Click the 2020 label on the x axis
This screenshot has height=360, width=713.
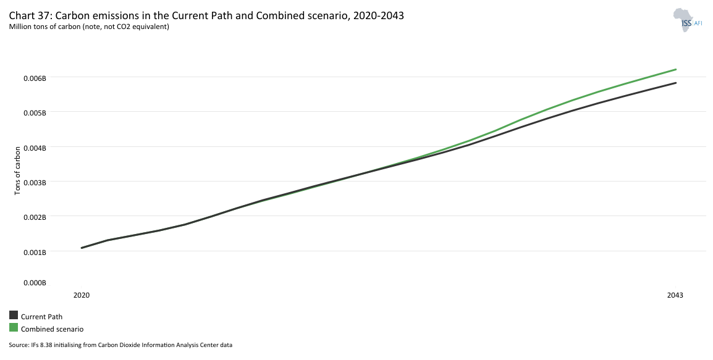click(82, 295)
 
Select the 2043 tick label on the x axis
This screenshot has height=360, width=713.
click(675, 295)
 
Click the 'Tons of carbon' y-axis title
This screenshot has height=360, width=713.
click(18, 170)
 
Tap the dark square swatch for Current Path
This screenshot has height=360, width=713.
click(14, 316)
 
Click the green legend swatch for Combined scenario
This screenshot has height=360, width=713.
click(14, 328)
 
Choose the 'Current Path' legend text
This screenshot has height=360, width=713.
click(41, 317)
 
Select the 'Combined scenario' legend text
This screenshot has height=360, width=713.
click(52, 329)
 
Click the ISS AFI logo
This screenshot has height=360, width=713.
click(688, 20)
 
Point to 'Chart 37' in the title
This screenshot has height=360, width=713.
click(29, 15)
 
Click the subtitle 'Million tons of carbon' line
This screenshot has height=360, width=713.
click(89, 27)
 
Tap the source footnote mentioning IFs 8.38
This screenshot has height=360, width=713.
click(120, 345)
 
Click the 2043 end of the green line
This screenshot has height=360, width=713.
click(676, 70)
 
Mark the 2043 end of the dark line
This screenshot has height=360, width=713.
click(676, 83)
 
